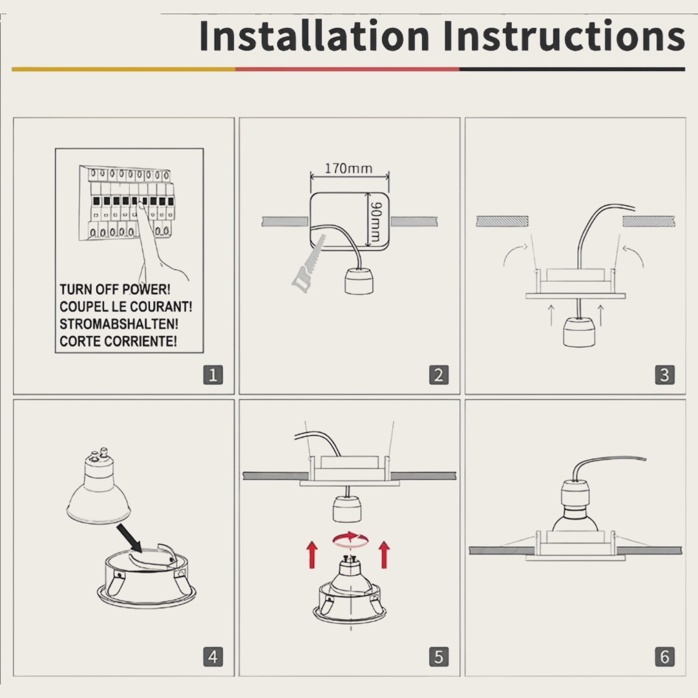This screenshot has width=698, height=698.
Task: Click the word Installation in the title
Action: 314,36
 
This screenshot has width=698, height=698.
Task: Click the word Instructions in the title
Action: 564,36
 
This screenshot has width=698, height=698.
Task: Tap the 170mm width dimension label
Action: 348,169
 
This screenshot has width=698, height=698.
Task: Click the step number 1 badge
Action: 213,375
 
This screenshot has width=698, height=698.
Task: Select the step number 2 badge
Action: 438,375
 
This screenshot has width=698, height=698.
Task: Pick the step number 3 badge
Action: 664,375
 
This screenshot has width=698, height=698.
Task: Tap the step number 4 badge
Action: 213,657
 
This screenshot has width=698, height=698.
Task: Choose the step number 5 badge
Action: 438,657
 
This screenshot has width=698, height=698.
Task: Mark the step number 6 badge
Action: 664,657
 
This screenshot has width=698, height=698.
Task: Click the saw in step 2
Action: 309,264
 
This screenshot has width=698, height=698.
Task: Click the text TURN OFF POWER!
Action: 115,290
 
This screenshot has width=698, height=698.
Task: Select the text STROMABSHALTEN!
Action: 119,324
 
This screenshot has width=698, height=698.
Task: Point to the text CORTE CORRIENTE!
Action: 118,341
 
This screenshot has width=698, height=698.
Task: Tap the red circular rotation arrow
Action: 350,540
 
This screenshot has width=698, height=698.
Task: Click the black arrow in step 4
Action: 129,538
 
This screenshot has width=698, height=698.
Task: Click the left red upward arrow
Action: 313,555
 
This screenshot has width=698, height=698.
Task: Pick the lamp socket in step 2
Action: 359,280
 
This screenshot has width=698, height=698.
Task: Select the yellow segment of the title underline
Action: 123,69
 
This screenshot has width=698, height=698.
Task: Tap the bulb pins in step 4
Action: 99,454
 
